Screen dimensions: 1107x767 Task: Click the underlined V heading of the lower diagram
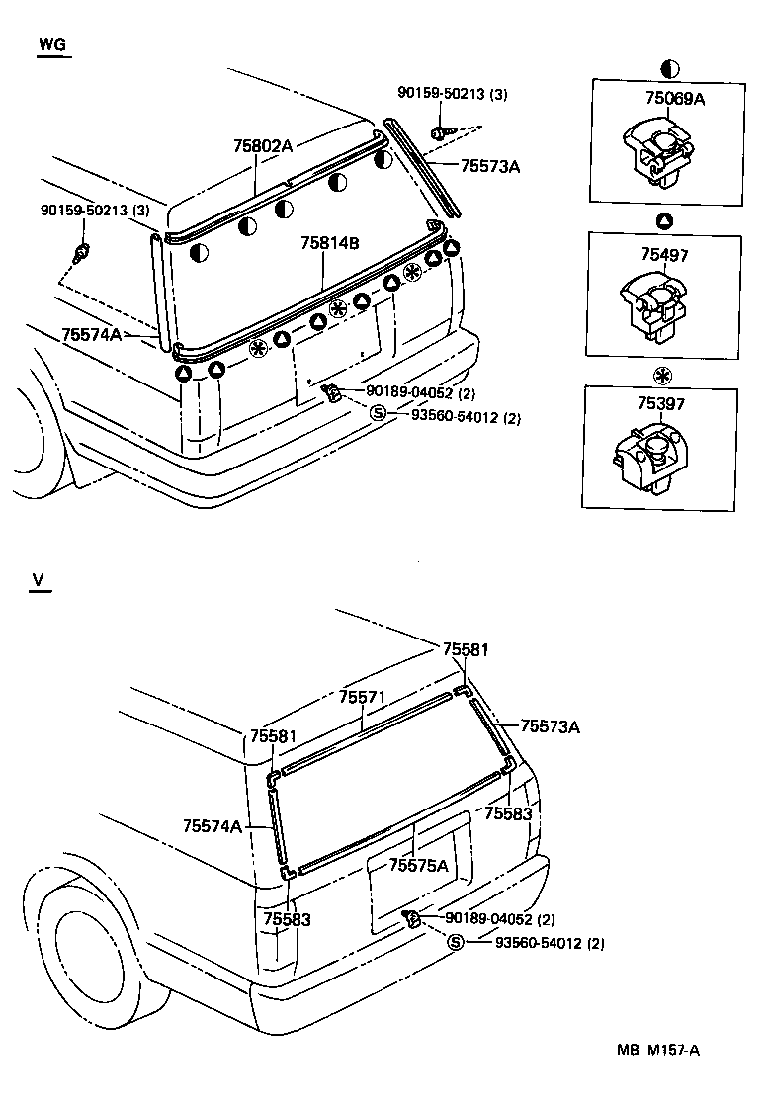[39, 580]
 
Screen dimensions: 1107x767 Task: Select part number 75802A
[263, 146]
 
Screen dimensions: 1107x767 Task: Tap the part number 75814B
[331, 243]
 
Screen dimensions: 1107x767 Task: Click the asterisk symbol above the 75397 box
[663, 375]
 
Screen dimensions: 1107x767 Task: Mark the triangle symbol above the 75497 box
[665, 219]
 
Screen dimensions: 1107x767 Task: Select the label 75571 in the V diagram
[362, 697]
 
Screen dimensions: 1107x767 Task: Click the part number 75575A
[418, 865]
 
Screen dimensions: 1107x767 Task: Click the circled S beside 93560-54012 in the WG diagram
[378, 415]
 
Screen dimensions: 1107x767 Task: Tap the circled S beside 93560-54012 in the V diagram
[456, 942]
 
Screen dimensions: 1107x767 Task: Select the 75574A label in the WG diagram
[91, 335]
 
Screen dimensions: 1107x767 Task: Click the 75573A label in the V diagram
[550, 726]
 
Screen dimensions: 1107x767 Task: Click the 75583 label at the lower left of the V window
[288, 919]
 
